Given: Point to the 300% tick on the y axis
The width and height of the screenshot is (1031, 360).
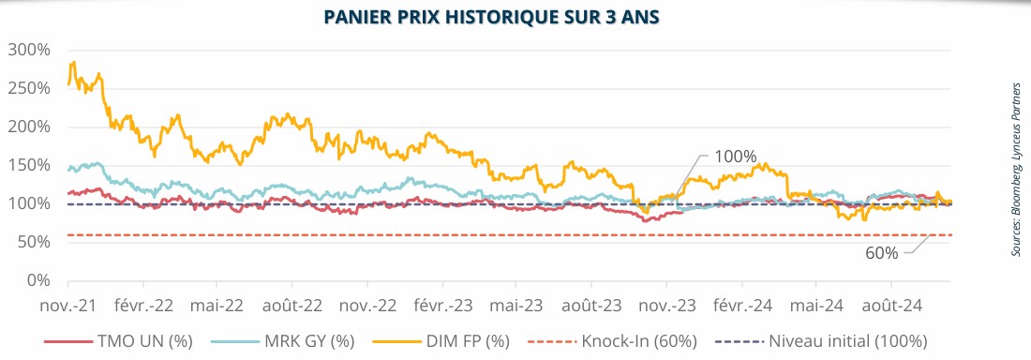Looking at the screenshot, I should [x=32, y=50].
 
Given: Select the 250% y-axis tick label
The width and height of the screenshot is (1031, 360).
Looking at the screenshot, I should [x=32, y=88].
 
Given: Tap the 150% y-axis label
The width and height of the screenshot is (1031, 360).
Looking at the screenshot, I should [x=32, y=165].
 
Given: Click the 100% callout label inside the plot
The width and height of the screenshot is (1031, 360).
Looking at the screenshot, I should [x=736, y=157].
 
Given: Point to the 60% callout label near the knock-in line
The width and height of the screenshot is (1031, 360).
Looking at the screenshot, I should [x=882, y=253].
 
